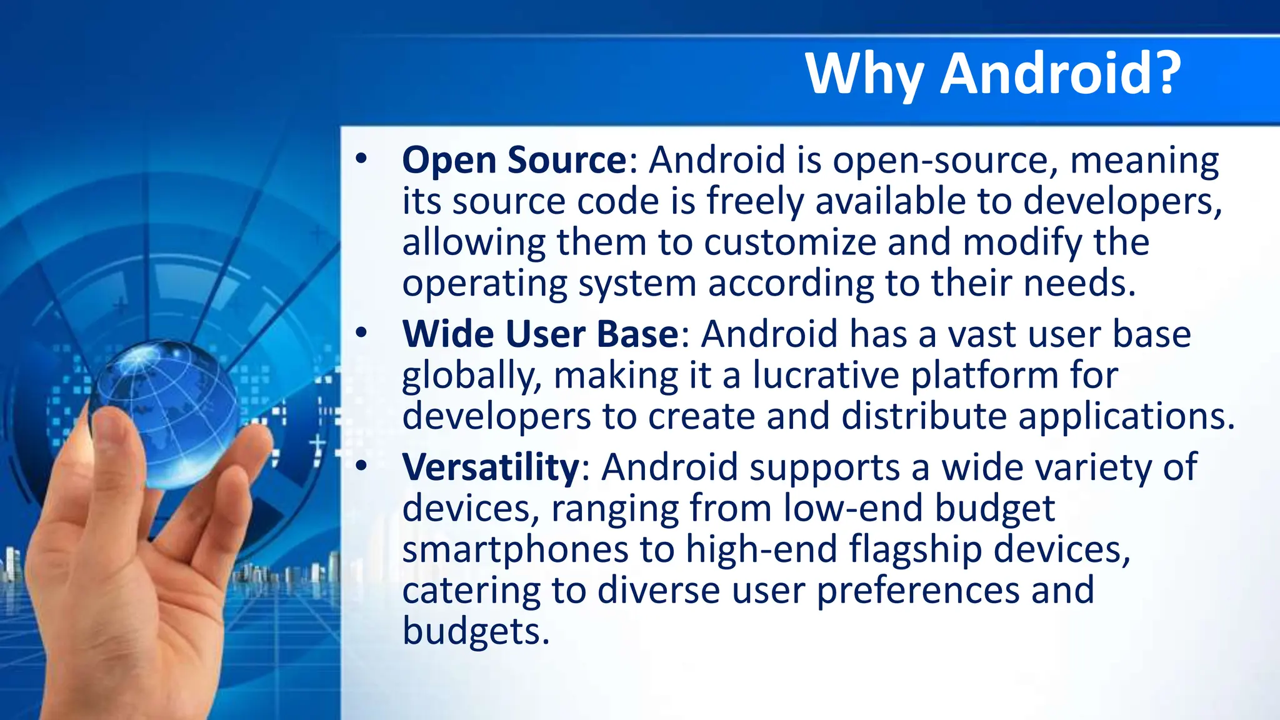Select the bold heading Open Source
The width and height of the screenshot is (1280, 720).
click(x=514, y=160)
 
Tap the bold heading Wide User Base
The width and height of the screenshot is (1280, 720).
click(x=540, y=334)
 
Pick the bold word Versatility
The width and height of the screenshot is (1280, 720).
click(x=491, y=467)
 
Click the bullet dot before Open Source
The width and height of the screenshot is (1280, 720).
click(x=361, y=159)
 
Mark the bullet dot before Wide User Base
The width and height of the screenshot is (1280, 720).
click(x=361, y=332)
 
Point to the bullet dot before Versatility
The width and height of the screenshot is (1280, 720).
click(x=361, y=466)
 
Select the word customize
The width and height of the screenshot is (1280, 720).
click(x=790, y=242)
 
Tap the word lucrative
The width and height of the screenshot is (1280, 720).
click(x=825, y=376)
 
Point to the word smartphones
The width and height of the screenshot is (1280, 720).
click(x=515, y=550)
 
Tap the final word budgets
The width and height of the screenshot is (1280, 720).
click(x=476, y=631)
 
